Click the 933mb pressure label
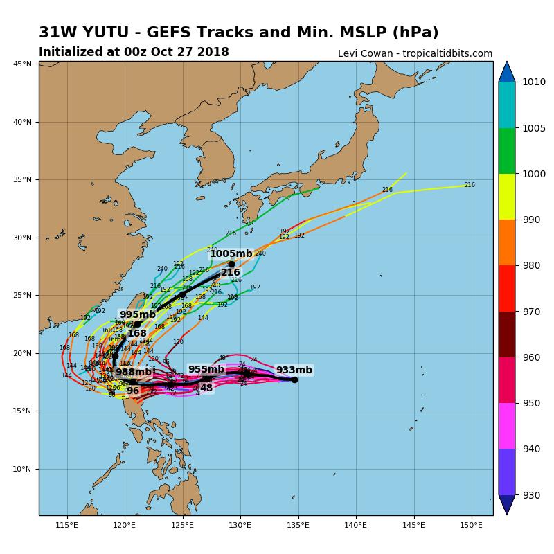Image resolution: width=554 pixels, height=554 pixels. tap(294, 370)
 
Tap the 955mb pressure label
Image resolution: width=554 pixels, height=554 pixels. tap(206, 370)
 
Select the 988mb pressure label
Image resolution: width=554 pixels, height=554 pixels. tap(134, 373)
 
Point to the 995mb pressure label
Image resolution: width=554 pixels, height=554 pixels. tap(138, 315)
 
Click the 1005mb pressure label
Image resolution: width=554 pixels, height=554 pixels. tap(231, 254)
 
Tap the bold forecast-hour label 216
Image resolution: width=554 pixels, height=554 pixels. tap(230, 273)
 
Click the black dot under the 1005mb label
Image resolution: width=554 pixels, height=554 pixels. tap(231, 264)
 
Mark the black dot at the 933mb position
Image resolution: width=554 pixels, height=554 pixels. tap(294, 379)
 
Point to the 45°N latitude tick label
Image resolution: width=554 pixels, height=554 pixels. tap(23, 64)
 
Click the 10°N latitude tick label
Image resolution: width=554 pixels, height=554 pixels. tap(23, 469)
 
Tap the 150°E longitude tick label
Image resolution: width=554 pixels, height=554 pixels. tap(472, 525)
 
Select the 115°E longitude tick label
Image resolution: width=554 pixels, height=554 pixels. tap(67, 525)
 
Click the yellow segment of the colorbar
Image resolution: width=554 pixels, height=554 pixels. tap(507, 197)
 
